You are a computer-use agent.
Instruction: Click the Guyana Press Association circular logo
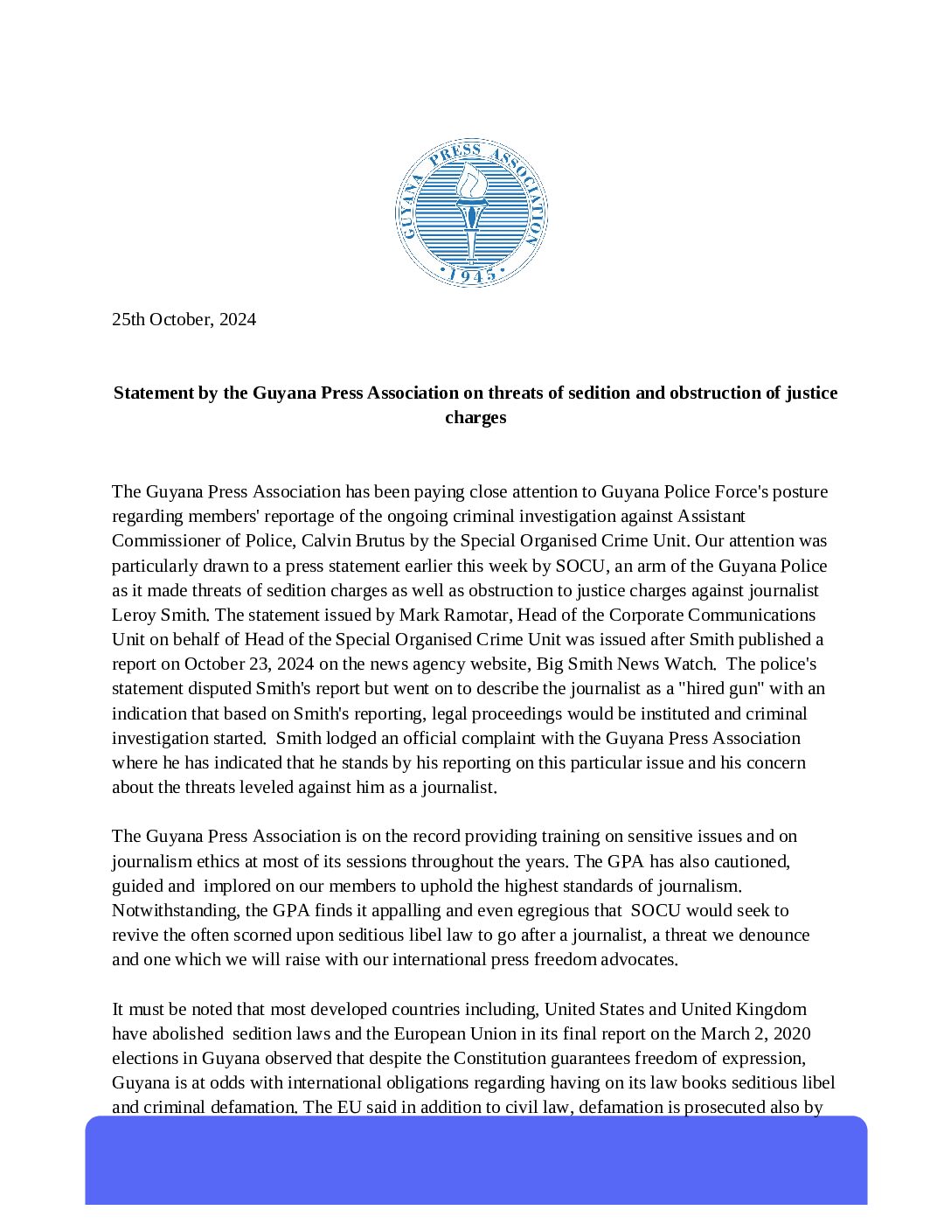tap(471, 213)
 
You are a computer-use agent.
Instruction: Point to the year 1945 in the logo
tap(471, 275)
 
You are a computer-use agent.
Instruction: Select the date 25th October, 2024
tap(184, 319)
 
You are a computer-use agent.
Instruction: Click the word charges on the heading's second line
tap(475, 417)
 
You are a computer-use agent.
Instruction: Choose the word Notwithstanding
tap(174, 910)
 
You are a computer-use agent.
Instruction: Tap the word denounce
tap(774, 935)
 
